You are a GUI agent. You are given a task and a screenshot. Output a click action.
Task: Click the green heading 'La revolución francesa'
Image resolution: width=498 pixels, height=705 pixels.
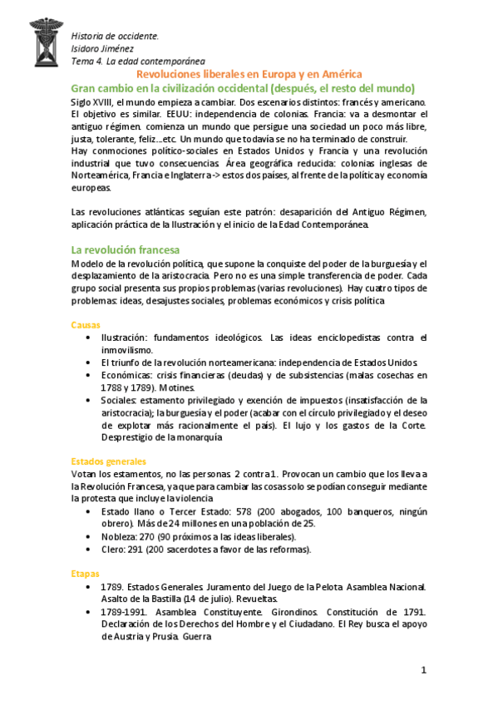124,249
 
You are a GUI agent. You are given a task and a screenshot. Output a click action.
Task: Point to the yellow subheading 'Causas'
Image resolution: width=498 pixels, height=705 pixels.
86,325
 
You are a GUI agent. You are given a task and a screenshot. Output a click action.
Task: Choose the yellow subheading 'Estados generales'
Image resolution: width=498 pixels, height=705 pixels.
109,461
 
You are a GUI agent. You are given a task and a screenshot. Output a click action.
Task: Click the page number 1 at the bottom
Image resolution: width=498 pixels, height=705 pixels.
423,670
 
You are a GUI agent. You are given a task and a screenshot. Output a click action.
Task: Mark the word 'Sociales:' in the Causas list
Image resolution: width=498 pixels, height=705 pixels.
123,400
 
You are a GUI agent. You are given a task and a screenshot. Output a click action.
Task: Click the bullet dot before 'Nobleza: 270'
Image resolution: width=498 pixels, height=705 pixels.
89,536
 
